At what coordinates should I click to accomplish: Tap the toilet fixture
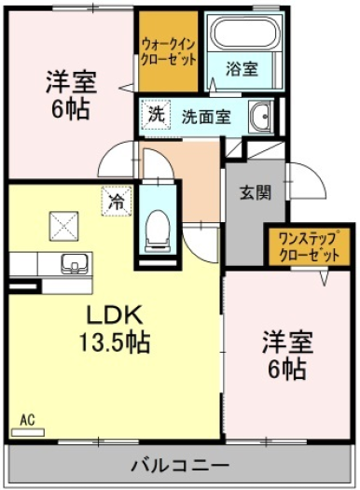[158, 231]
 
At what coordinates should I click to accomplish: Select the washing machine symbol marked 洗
[156, 115]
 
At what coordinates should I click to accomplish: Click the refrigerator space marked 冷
[117, 201]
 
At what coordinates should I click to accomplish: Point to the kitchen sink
[75, 263]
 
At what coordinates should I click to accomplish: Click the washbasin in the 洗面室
[261, 117]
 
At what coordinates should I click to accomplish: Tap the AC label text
[27, 420]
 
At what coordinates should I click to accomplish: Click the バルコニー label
[180, 467]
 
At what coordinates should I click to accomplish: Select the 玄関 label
[256, 193]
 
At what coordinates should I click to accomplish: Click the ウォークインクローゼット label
[168, 52]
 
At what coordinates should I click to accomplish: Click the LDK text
[115, 315]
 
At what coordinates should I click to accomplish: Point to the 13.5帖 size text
[115, 343]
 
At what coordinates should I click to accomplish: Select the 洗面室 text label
[206, 117]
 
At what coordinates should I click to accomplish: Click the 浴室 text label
[242, 68]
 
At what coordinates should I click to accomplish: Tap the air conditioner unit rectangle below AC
[28, 432]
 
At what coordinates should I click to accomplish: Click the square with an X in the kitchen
[63, 226]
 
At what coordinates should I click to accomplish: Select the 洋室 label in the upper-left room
[71, 82]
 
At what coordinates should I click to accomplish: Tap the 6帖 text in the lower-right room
[287, 369]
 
